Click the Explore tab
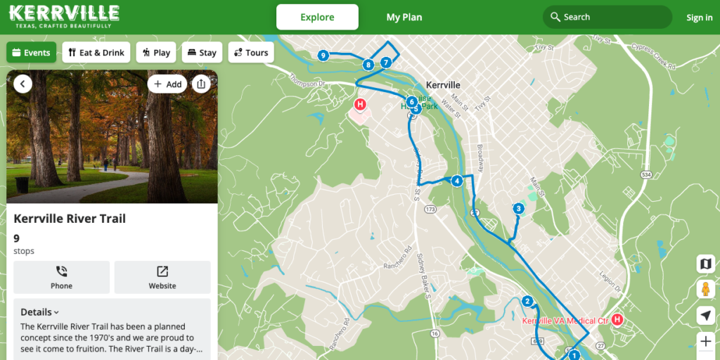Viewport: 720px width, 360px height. [x=317, y=17]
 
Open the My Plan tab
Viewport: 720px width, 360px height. [x=404, y=17]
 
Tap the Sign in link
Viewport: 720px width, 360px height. [x=699, y=18]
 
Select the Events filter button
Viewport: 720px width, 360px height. [x=32, y=53]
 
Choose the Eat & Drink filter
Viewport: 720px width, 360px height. [x=96, y=53]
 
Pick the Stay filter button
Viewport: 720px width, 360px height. [x=202, y=53]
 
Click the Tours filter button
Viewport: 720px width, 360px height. [x=251, y=53]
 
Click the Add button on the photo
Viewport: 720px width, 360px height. [x=167, y=84]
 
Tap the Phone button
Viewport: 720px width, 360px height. [x=61, y=277]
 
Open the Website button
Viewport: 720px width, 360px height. [x=162, y=277]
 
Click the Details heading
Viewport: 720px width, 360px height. [x=39, y=312]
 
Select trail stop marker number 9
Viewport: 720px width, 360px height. [x=323, y=56]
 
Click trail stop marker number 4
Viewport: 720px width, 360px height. [x=457, y=181]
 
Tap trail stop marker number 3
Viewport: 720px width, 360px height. [x=518, y=208]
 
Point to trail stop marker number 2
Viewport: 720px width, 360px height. [x=527, y=302]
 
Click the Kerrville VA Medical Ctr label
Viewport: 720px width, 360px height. [x=565, y=321]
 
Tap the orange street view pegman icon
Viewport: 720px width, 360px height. [x=706, y=289]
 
